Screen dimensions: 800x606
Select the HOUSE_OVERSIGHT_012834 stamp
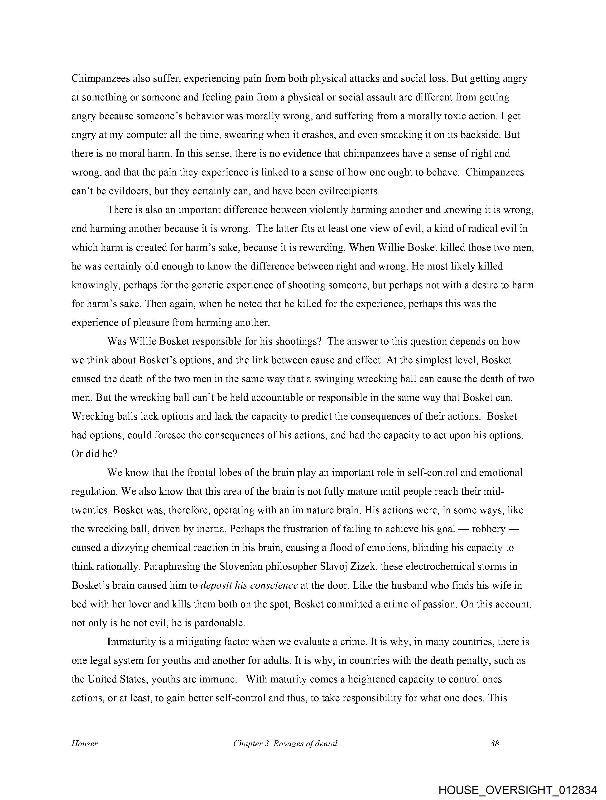click(517, 790)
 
